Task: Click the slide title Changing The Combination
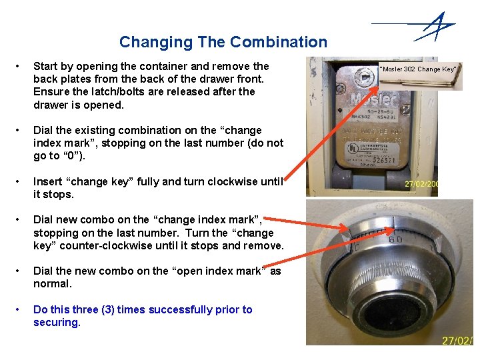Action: click(x=223, y=42)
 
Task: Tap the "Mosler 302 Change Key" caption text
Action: click(x=417, y=69)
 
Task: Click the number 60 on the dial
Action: click(x=394, y=239)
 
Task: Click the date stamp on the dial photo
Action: click(x=458, y=341)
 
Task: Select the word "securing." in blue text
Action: click(x=57, y=322)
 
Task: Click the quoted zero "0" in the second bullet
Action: click(x=70, y=156)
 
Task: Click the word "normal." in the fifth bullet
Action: click(x=52, y=283)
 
